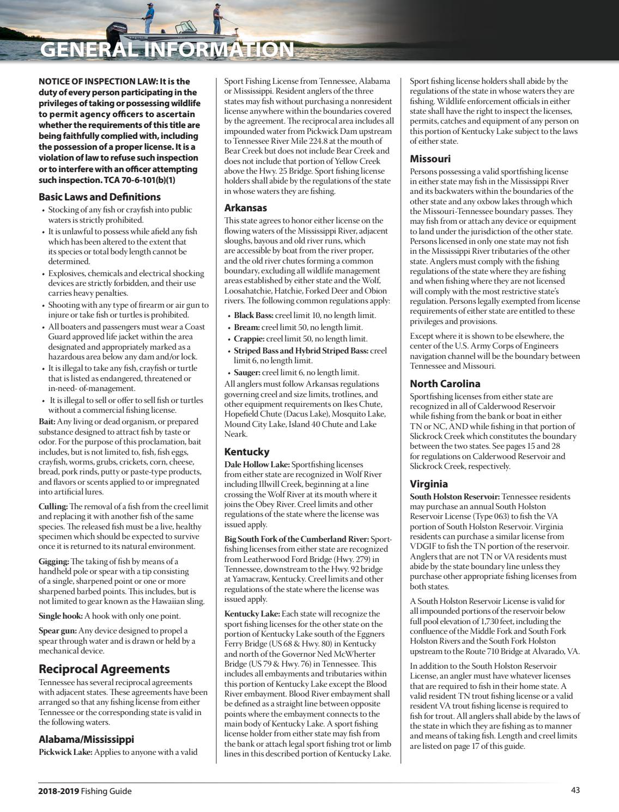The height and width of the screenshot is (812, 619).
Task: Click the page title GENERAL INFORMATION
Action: pyautogui.click(x=167, y=50)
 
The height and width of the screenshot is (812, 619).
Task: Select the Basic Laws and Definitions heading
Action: pyautogui.click(x=100, y=197)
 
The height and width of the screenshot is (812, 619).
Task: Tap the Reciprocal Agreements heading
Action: pyautogui.click(x=104, y=669)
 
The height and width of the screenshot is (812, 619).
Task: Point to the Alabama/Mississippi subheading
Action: pyautogui.click(x=86, y=739)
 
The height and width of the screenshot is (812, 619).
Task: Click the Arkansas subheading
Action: pyautogui.click(x=246, y=207)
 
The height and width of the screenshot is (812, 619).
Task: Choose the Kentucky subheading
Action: pyautogui.click(x=247, y=451)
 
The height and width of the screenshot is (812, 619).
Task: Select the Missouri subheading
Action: pyautogui.click(x=430, y=158)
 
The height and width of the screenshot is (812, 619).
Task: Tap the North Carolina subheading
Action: pyautogui.click(x=445, y=383)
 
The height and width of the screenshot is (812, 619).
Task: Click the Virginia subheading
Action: pyautogui.click(x=429, y=484)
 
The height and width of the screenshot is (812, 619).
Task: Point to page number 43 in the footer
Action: pyautogui.click(x=575, y=791)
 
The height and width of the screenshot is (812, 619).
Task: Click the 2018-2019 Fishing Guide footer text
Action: pyautogui.click(x=85, y=791)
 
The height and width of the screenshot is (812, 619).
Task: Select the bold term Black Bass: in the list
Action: pyautogui.click(x=251, y=315)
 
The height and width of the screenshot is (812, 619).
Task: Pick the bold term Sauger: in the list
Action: pyautogui.click(x=247, y=373)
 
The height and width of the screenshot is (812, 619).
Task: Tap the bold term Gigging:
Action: pyautogui.click(x=54, y=561)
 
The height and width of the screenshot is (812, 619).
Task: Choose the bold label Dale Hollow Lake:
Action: pyautogui.click(x=257, y=465)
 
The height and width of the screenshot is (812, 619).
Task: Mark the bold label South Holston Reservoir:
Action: pyautogui.click(x=454, y=497)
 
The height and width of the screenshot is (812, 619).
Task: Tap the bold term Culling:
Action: pyautogui.click(x=53, y=506)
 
